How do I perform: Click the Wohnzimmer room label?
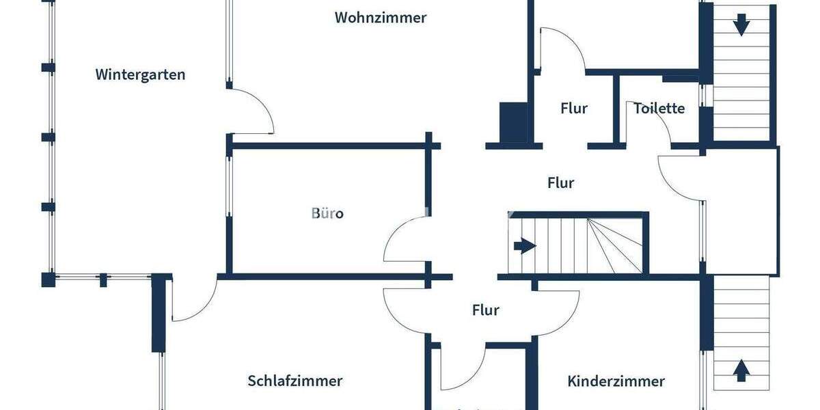coord(381,18)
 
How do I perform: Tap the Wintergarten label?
coord(140,74)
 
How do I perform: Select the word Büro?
coord(327,213)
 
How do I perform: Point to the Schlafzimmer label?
coord(295,381)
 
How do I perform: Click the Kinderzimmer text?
coord(616,381)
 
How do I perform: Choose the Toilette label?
coord(659,108)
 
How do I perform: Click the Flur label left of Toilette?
coord(574,108)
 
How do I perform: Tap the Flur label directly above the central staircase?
coord(560,183)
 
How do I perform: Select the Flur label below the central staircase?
coord(485,310)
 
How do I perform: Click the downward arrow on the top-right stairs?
coord(741,25)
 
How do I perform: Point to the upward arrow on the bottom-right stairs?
coord(741,371)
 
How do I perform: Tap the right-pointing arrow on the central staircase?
coord(524,246)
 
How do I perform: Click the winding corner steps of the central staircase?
coord(618,243)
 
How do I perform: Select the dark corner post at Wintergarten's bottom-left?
coord(48,279)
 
